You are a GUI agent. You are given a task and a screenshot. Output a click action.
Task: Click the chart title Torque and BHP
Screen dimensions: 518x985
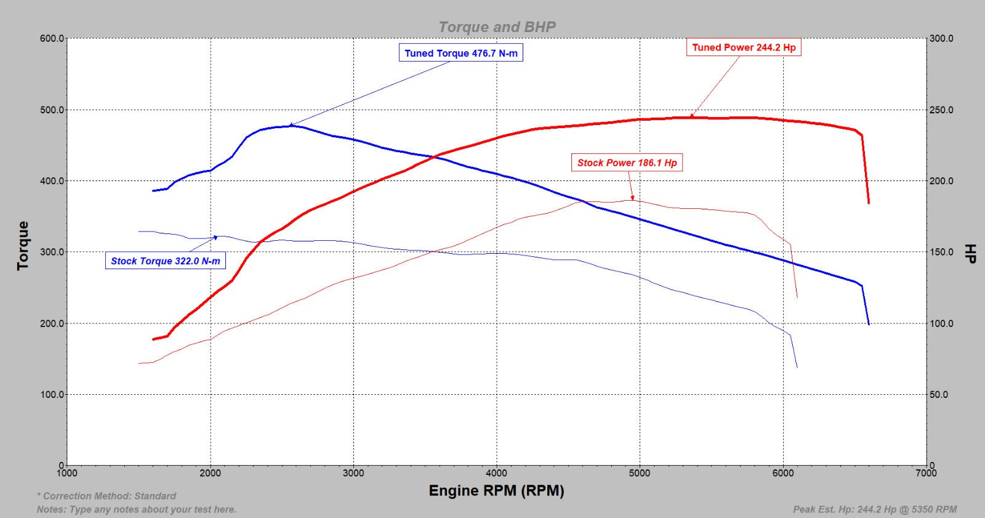497,27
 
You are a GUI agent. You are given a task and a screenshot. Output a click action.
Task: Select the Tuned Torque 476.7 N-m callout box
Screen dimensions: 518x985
460,53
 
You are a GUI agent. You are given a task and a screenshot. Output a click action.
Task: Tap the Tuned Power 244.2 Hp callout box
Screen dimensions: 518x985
743,47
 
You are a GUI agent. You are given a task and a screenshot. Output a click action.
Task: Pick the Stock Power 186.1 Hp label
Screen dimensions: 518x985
627,163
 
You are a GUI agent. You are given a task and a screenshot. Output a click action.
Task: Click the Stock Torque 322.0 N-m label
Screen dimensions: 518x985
165,261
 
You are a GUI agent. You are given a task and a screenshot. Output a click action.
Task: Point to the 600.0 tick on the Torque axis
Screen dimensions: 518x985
52,38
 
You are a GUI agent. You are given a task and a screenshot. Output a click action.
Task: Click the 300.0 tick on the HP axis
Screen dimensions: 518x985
941,38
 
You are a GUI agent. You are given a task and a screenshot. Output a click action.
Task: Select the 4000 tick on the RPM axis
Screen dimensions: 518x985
496,473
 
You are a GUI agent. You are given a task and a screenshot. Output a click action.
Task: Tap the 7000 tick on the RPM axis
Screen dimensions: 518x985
926,473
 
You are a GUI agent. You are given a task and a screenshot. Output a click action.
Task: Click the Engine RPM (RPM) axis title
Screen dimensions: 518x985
496,491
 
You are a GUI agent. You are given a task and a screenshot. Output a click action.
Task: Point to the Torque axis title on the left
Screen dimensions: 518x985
23,245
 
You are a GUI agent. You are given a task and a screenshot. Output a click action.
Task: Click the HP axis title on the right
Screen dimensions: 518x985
970,253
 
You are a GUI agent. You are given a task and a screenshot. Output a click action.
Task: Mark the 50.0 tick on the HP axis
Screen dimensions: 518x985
939,394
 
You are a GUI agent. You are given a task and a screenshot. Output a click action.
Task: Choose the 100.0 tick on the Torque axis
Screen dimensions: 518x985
52,394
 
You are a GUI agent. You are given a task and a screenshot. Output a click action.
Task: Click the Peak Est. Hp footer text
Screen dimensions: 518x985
875,509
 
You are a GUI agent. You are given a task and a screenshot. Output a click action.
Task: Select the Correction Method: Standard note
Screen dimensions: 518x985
107,496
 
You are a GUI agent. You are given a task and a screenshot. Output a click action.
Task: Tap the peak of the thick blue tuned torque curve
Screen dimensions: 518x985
291,126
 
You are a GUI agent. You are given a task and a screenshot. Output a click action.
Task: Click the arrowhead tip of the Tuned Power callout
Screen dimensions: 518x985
691,116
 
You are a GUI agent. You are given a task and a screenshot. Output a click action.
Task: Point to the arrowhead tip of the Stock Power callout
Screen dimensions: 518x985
632,199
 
